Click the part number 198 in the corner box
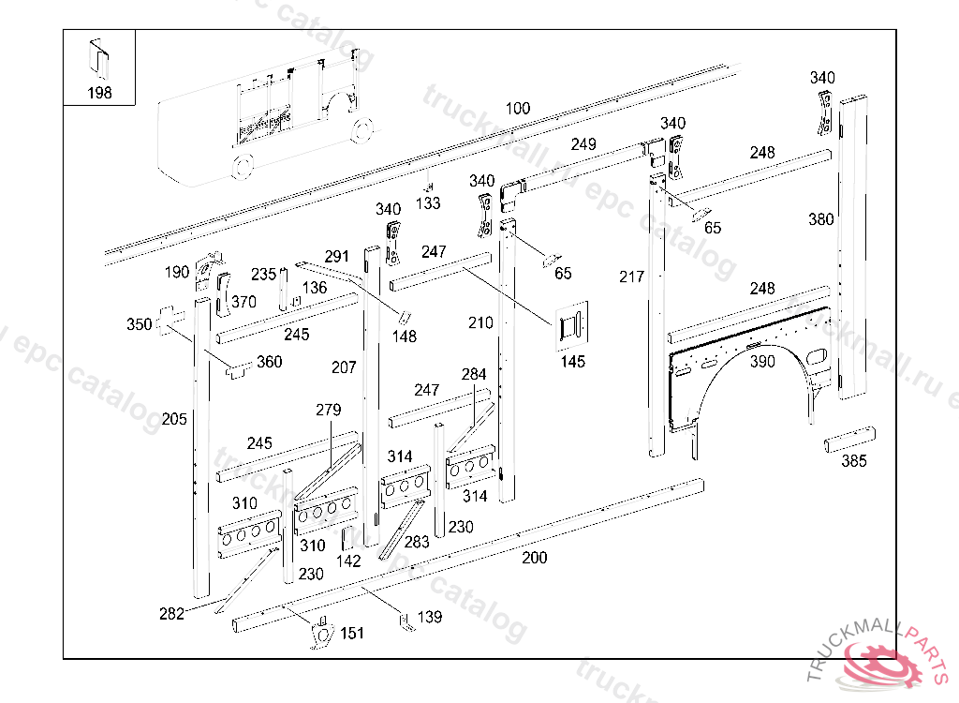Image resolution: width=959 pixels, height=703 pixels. tap(99, 93)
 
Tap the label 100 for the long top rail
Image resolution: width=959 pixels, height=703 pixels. tap(518, 109)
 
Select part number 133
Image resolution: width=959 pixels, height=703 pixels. tap(428, 202)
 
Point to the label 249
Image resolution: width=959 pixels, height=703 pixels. tap(583, 144)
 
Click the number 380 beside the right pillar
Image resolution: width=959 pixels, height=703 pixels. tap(820, 219)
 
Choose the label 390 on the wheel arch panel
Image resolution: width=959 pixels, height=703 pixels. tap(763, 361)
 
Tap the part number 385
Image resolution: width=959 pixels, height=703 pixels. tap(853, 460)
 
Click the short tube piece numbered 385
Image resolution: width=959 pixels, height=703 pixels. tap(849, 440)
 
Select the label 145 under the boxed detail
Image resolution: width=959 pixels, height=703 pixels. tap(573, 361)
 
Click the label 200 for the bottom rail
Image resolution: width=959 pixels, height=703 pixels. tap(534, 558)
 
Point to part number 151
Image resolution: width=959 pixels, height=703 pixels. tap(352, 634)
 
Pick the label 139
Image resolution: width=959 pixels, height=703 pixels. tap(430, 617)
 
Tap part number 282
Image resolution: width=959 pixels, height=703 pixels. tap(171, 614)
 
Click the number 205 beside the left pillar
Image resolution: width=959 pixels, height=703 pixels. tap(174, 418)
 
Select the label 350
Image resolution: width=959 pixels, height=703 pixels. tap(139, 324)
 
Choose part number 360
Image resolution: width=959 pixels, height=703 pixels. tap(269, 362)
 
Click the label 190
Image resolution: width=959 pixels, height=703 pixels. tap(177, 272)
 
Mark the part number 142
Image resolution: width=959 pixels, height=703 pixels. tap(348, 561)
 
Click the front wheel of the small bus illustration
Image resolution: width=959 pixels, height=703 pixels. tap(242, 166)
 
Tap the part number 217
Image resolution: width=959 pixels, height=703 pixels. tap(632, 277)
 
